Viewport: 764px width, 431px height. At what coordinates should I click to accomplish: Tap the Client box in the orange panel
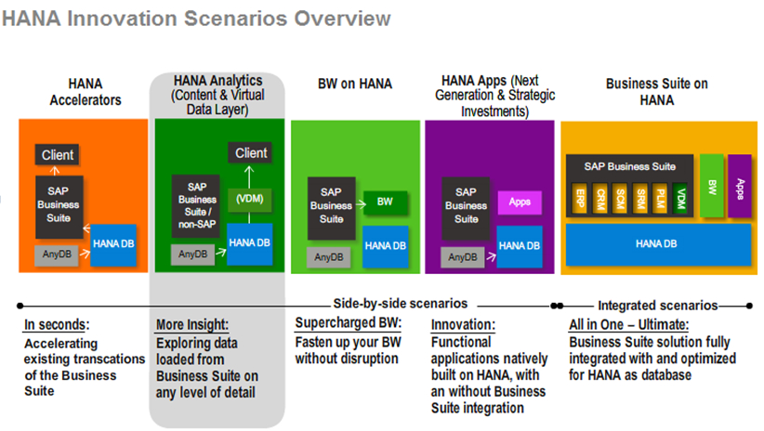[59, 154]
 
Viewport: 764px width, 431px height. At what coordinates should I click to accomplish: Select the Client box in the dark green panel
[251, 153]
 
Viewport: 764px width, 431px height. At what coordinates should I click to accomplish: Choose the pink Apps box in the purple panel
[520, 201]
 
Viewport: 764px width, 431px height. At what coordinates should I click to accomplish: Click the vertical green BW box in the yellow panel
[712, 186]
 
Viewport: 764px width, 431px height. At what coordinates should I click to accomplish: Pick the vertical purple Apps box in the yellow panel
[740, 186]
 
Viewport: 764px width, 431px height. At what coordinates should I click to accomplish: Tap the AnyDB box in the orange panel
[57, 253]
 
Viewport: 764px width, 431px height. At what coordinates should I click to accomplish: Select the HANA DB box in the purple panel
[520, 245]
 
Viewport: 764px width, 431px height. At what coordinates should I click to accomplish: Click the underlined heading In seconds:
[56, 325]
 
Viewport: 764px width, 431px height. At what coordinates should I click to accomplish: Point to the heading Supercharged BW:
[348, 323]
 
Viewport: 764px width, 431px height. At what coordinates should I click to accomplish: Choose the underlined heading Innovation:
[464, 325]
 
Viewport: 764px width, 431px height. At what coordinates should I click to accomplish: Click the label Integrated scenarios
[657, 305]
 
